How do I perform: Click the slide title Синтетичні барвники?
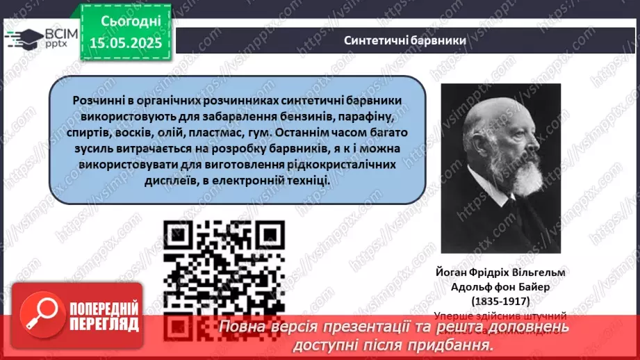tap(404, 40)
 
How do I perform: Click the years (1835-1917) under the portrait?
tap(501, 301)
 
